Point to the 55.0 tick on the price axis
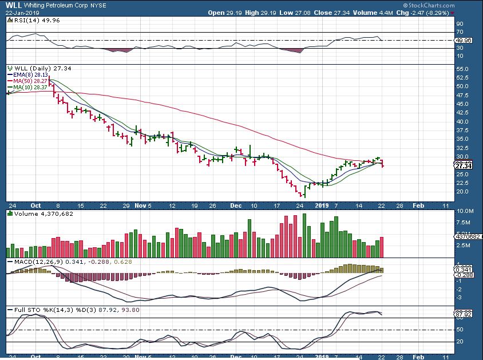click(x=464, y=69)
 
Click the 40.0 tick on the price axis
click(x=464, y=121)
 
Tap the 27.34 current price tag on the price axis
click(x=462, y=166)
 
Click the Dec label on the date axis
click(x=235, y=205)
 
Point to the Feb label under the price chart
click(x=419, y=205)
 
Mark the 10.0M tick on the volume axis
click(x=464, y=212)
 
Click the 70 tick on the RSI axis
click(x=460, y=33)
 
